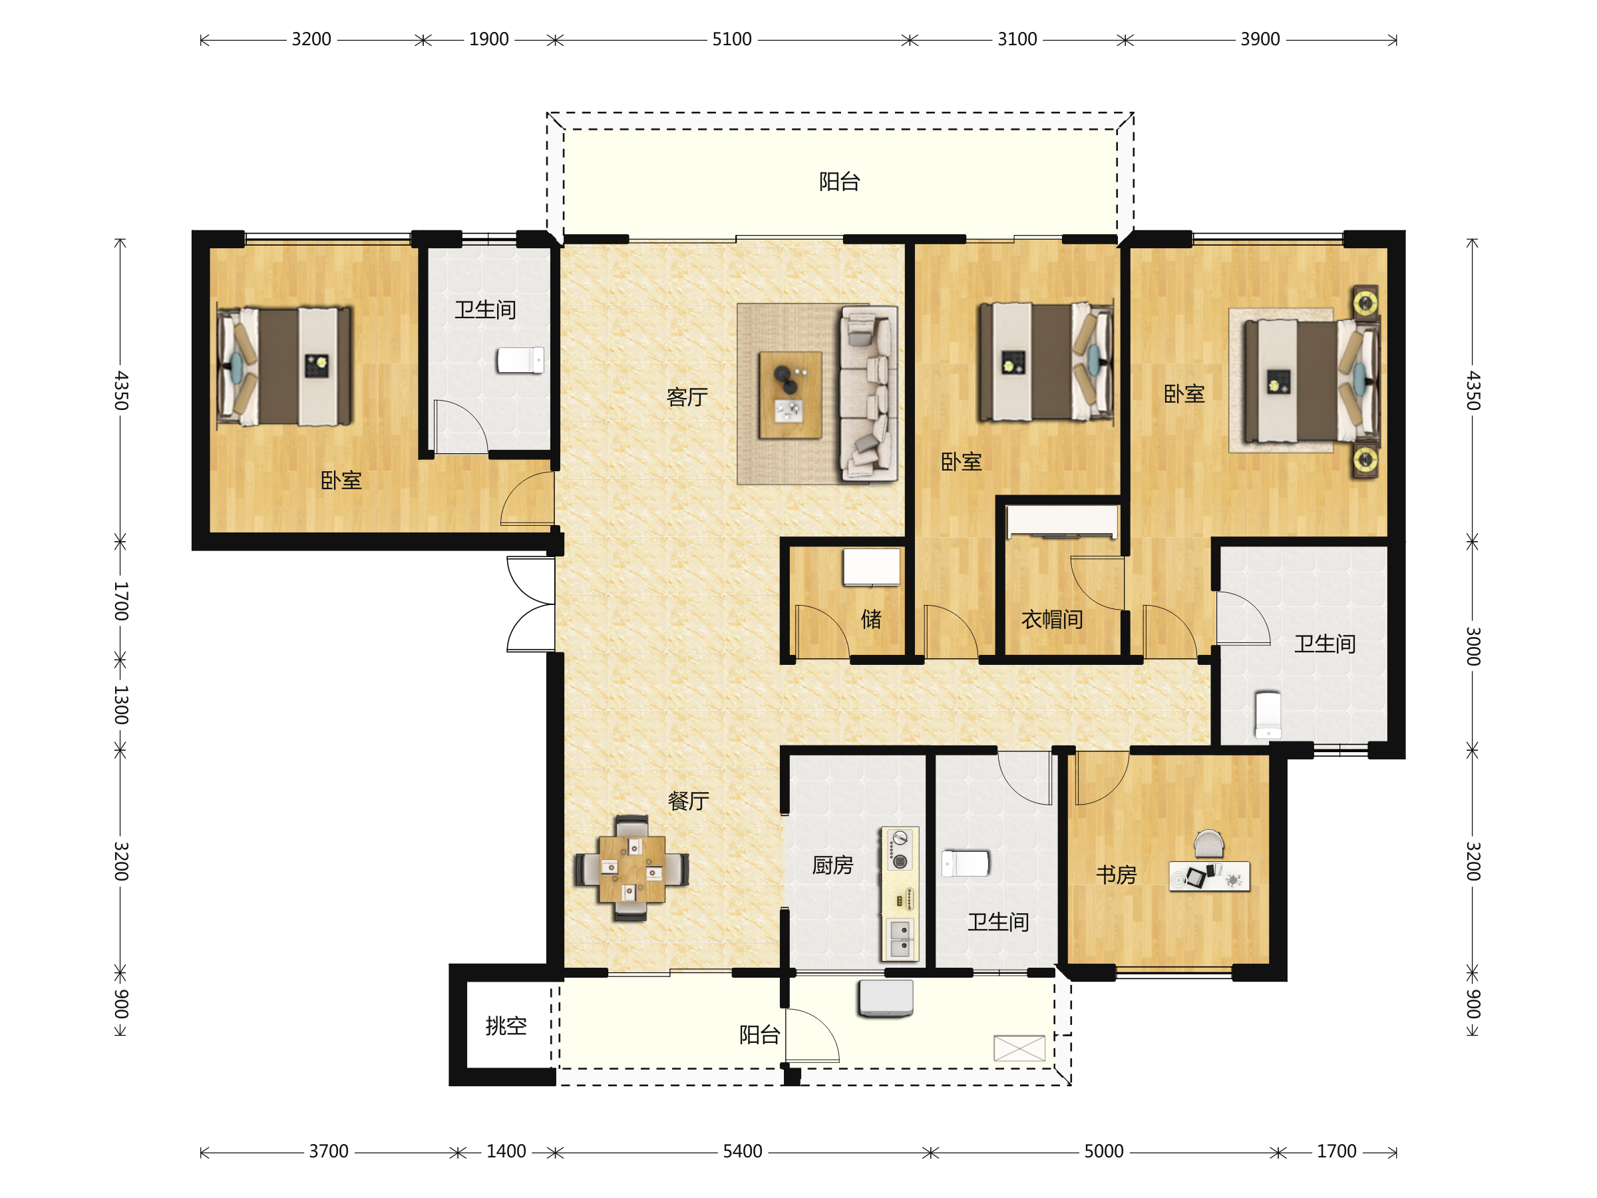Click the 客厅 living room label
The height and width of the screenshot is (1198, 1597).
tap(687, 397)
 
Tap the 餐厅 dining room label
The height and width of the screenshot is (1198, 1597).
tap(688, 801)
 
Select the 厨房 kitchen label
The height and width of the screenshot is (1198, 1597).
tap(832, 865)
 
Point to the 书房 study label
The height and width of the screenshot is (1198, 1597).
tap(1116, 875)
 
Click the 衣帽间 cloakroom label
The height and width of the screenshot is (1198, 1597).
tap(1052, 620)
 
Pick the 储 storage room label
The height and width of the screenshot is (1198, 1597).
tap(872, 619)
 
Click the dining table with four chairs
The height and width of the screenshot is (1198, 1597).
tap(631, 869)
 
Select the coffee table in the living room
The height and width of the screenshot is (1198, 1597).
tap(790, 395)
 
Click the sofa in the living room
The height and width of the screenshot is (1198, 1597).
tap(868, 393)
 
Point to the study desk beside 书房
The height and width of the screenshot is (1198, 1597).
tap(1209, 875)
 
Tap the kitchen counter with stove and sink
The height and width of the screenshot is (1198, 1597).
tap(900, 894)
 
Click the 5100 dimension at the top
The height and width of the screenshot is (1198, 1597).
tap(732, 39)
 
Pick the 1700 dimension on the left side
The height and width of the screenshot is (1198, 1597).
tap(121, 602)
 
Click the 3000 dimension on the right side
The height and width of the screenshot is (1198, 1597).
tap(1473, 646)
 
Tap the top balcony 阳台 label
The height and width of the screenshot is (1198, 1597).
tap(839, 182)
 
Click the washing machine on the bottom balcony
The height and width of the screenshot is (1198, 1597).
tap(886, 998)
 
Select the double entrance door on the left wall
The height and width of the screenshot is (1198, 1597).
tap(530, 604)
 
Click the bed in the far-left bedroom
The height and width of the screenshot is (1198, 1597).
tap(284, 366)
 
